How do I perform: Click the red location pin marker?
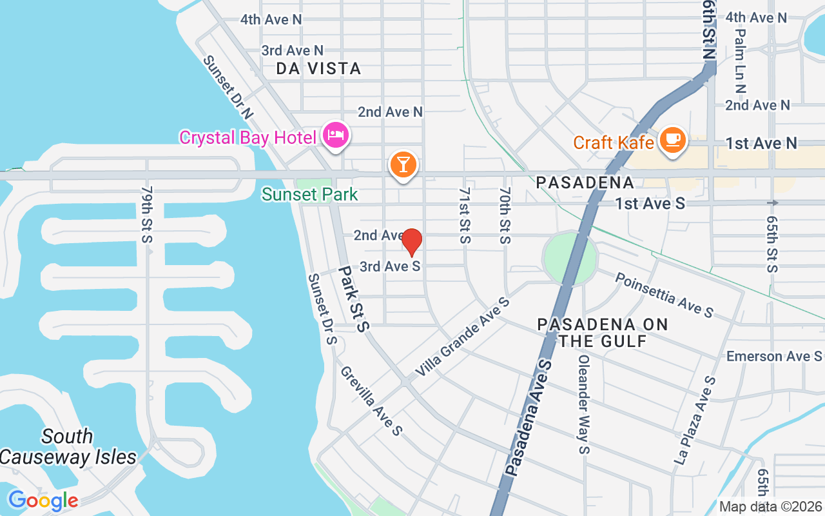pyautogui.click(x=412, y=243)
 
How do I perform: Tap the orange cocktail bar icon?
pyautogui.click(x=403, y=165)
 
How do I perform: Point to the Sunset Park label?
pyautogui.click(x=310, y=194)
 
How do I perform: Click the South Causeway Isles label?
pyautogui.click(x=68, y=447)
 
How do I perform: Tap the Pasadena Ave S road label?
pyautogui.click(x=530, y=419)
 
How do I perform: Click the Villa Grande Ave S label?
pyautogui.click(x=462, y=337)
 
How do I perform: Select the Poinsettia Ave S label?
pyautogui.click(x=664, y=295)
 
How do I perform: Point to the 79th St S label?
pyautogui.click(x=147, y=215)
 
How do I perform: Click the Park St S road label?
pyautogui.click(x=354, y=299)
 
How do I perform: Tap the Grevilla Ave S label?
pyautogui.click(x=371, y=400)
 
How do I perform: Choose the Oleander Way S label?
pyautogui.click(x=584, y=404)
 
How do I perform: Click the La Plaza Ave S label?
pyautogui.click(x=695, y=421)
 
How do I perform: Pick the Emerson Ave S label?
pyautogui.click(x=774, y=357)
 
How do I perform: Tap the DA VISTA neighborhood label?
pyautogui.click(x=318, y=68)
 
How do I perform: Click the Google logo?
pyautogui.click(x=43, y=500)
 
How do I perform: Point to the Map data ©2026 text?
pyautogui.click(x=770, y=506)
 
